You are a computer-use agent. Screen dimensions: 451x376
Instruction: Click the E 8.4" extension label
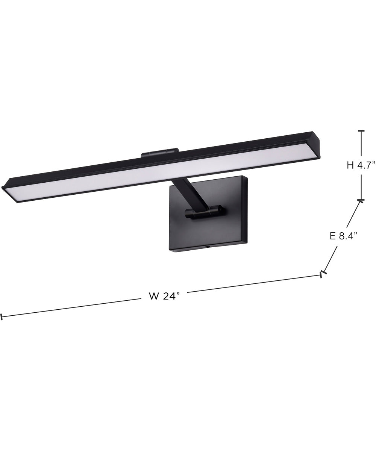[343, 236]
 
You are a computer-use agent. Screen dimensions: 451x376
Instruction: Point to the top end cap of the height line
[361, 131]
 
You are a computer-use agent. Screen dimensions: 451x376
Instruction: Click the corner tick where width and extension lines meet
[322, 274]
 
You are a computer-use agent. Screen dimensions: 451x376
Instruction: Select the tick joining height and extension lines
[361, 200]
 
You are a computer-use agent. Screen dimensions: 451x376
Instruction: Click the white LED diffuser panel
[162, 172]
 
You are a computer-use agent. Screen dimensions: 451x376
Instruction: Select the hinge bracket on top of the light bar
[159, 153]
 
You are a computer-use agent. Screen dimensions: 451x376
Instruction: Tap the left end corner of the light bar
[8, 190]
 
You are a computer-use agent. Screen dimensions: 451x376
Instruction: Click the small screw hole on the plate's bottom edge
[206, 247]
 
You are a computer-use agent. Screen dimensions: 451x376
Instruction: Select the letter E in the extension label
[332, 236]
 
